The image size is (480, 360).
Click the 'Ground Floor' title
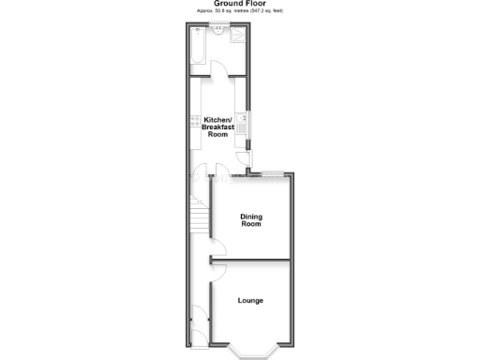239,4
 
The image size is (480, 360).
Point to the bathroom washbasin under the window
219,32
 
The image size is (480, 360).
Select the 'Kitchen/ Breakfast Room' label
217,127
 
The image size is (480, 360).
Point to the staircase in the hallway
198,218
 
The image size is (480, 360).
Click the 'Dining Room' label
251,220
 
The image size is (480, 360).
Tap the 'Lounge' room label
250,300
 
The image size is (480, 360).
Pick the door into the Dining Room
215,246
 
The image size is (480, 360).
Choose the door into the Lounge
217,271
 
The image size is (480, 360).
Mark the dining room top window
274,173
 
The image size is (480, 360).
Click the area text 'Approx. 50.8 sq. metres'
225,10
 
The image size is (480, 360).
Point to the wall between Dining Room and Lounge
251,259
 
